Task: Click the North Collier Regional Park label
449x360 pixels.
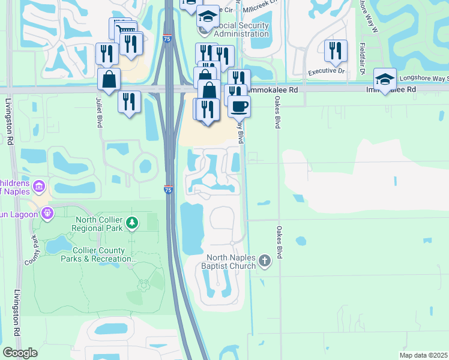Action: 97,224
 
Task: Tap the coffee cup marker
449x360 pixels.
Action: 239,106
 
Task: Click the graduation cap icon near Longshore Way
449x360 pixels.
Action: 384,79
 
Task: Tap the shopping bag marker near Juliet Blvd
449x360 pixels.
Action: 109,80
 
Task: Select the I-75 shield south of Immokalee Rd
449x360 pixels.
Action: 169,190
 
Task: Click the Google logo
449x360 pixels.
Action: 20,353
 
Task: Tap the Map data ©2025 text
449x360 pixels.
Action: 423,355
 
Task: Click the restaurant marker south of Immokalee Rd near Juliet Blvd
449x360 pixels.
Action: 129,101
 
